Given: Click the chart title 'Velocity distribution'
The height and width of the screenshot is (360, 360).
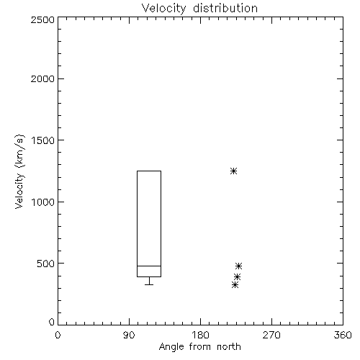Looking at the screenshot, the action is [x=199, y=9].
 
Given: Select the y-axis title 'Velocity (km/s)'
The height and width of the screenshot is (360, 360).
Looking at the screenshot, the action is [x=19, y=171].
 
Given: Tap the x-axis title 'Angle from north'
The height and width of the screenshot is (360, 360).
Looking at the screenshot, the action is [x=199, y=346].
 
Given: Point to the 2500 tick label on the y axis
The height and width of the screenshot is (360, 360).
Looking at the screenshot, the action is [x=42, y=19].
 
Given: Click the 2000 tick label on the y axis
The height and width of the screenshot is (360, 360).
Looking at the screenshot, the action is [x=42, y=78].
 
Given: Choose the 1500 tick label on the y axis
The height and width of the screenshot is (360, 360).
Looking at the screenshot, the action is [x=43, y=140].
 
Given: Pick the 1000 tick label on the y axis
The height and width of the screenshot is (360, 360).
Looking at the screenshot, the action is [x=43, y=202].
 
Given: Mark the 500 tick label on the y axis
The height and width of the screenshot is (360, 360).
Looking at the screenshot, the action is [x=45, y=264].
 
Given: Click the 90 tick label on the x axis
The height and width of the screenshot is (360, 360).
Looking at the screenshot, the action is [x=129, y=335].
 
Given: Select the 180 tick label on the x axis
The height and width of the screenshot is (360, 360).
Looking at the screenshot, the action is [x=200, y=335].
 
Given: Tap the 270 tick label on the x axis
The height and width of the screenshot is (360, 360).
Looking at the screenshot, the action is [x=271, y=335].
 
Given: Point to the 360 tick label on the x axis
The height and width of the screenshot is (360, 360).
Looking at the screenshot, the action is [x=343, y=335].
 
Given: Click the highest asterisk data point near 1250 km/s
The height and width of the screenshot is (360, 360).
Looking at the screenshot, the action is [x=233, y=171].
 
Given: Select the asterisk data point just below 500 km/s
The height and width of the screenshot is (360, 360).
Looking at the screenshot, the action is [x=238, y=266].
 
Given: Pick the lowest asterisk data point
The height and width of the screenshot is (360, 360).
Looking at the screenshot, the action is [x=235, y=285].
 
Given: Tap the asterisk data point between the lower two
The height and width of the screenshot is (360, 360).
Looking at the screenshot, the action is [x=237, y=277].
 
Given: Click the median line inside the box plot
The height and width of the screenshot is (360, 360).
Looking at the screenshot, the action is [x=149, y=266].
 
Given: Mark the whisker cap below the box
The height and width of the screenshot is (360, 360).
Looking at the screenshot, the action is [x=149, y=284].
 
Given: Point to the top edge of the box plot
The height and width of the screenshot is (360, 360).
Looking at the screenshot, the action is [x=149, y=171].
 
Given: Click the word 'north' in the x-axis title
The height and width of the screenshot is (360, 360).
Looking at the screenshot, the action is [x=229, y=346].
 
